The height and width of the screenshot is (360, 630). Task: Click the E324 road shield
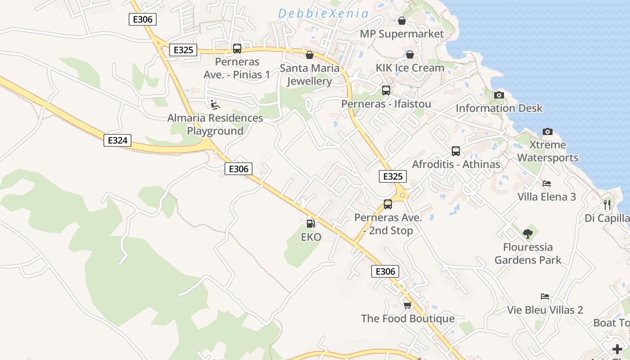pos(117,140)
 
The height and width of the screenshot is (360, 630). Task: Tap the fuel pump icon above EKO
pos(310,223)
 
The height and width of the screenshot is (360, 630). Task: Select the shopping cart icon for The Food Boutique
pos(407,306)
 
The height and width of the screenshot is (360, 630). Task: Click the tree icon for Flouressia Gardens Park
pos(528,234)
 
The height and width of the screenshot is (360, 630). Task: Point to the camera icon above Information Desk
pos(499,95)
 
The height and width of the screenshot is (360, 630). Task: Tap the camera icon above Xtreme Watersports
pos(547,131)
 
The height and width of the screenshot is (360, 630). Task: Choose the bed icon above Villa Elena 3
pos(547,184)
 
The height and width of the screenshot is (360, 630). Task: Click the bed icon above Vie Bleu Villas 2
pos(544,297)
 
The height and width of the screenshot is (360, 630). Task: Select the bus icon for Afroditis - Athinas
pos(456,151)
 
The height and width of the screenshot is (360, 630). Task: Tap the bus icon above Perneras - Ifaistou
pos(386,90)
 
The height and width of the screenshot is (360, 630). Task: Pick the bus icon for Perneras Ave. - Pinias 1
pos(237,49)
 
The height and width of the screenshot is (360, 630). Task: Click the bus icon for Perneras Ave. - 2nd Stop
pos(388,204)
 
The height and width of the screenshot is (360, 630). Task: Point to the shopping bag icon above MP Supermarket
pos(402,21)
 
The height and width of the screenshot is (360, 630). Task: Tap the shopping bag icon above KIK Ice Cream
pos(410,54)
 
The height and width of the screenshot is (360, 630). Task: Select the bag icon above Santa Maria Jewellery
pos(310,55)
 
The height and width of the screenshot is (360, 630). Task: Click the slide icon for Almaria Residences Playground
pos(215,105)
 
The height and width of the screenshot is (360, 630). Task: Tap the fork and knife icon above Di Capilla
pos(607,205)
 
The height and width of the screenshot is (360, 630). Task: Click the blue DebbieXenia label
pos(323,13)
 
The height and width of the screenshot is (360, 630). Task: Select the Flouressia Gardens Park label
pos(528,253)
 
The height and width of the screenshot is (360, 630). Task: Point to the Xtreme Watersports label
pos(548,151)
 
